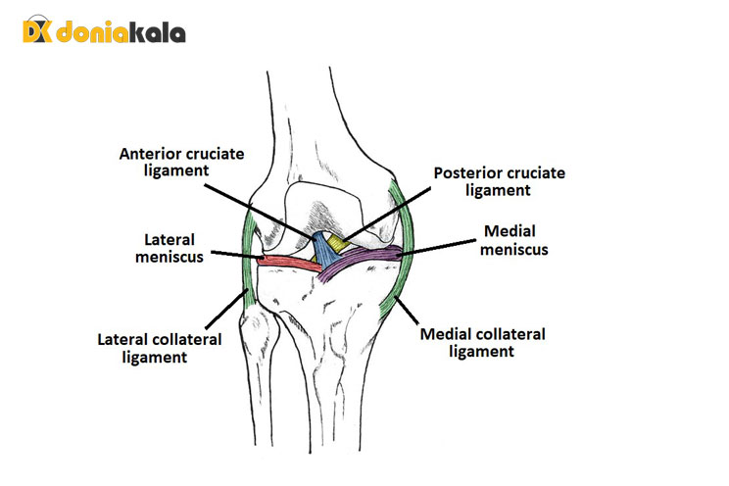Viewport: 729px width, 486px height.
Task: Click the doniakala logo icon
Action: click(35, 31)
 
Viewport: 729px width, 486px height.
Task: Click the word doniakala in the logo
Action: click(119, 33)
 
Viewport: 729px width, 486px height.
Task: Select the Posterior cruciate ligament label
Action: click(499, 182)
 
